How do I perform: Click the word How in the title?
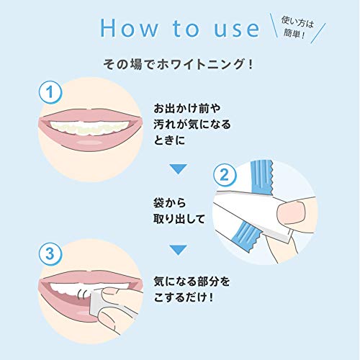point(128,28)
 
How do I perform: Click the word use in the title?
point(232,28)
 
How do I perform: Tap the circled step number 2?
point(225,175)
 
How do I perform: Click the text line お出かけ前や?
point(180,109)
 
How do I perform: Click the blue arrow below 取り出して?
point(177,249)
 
